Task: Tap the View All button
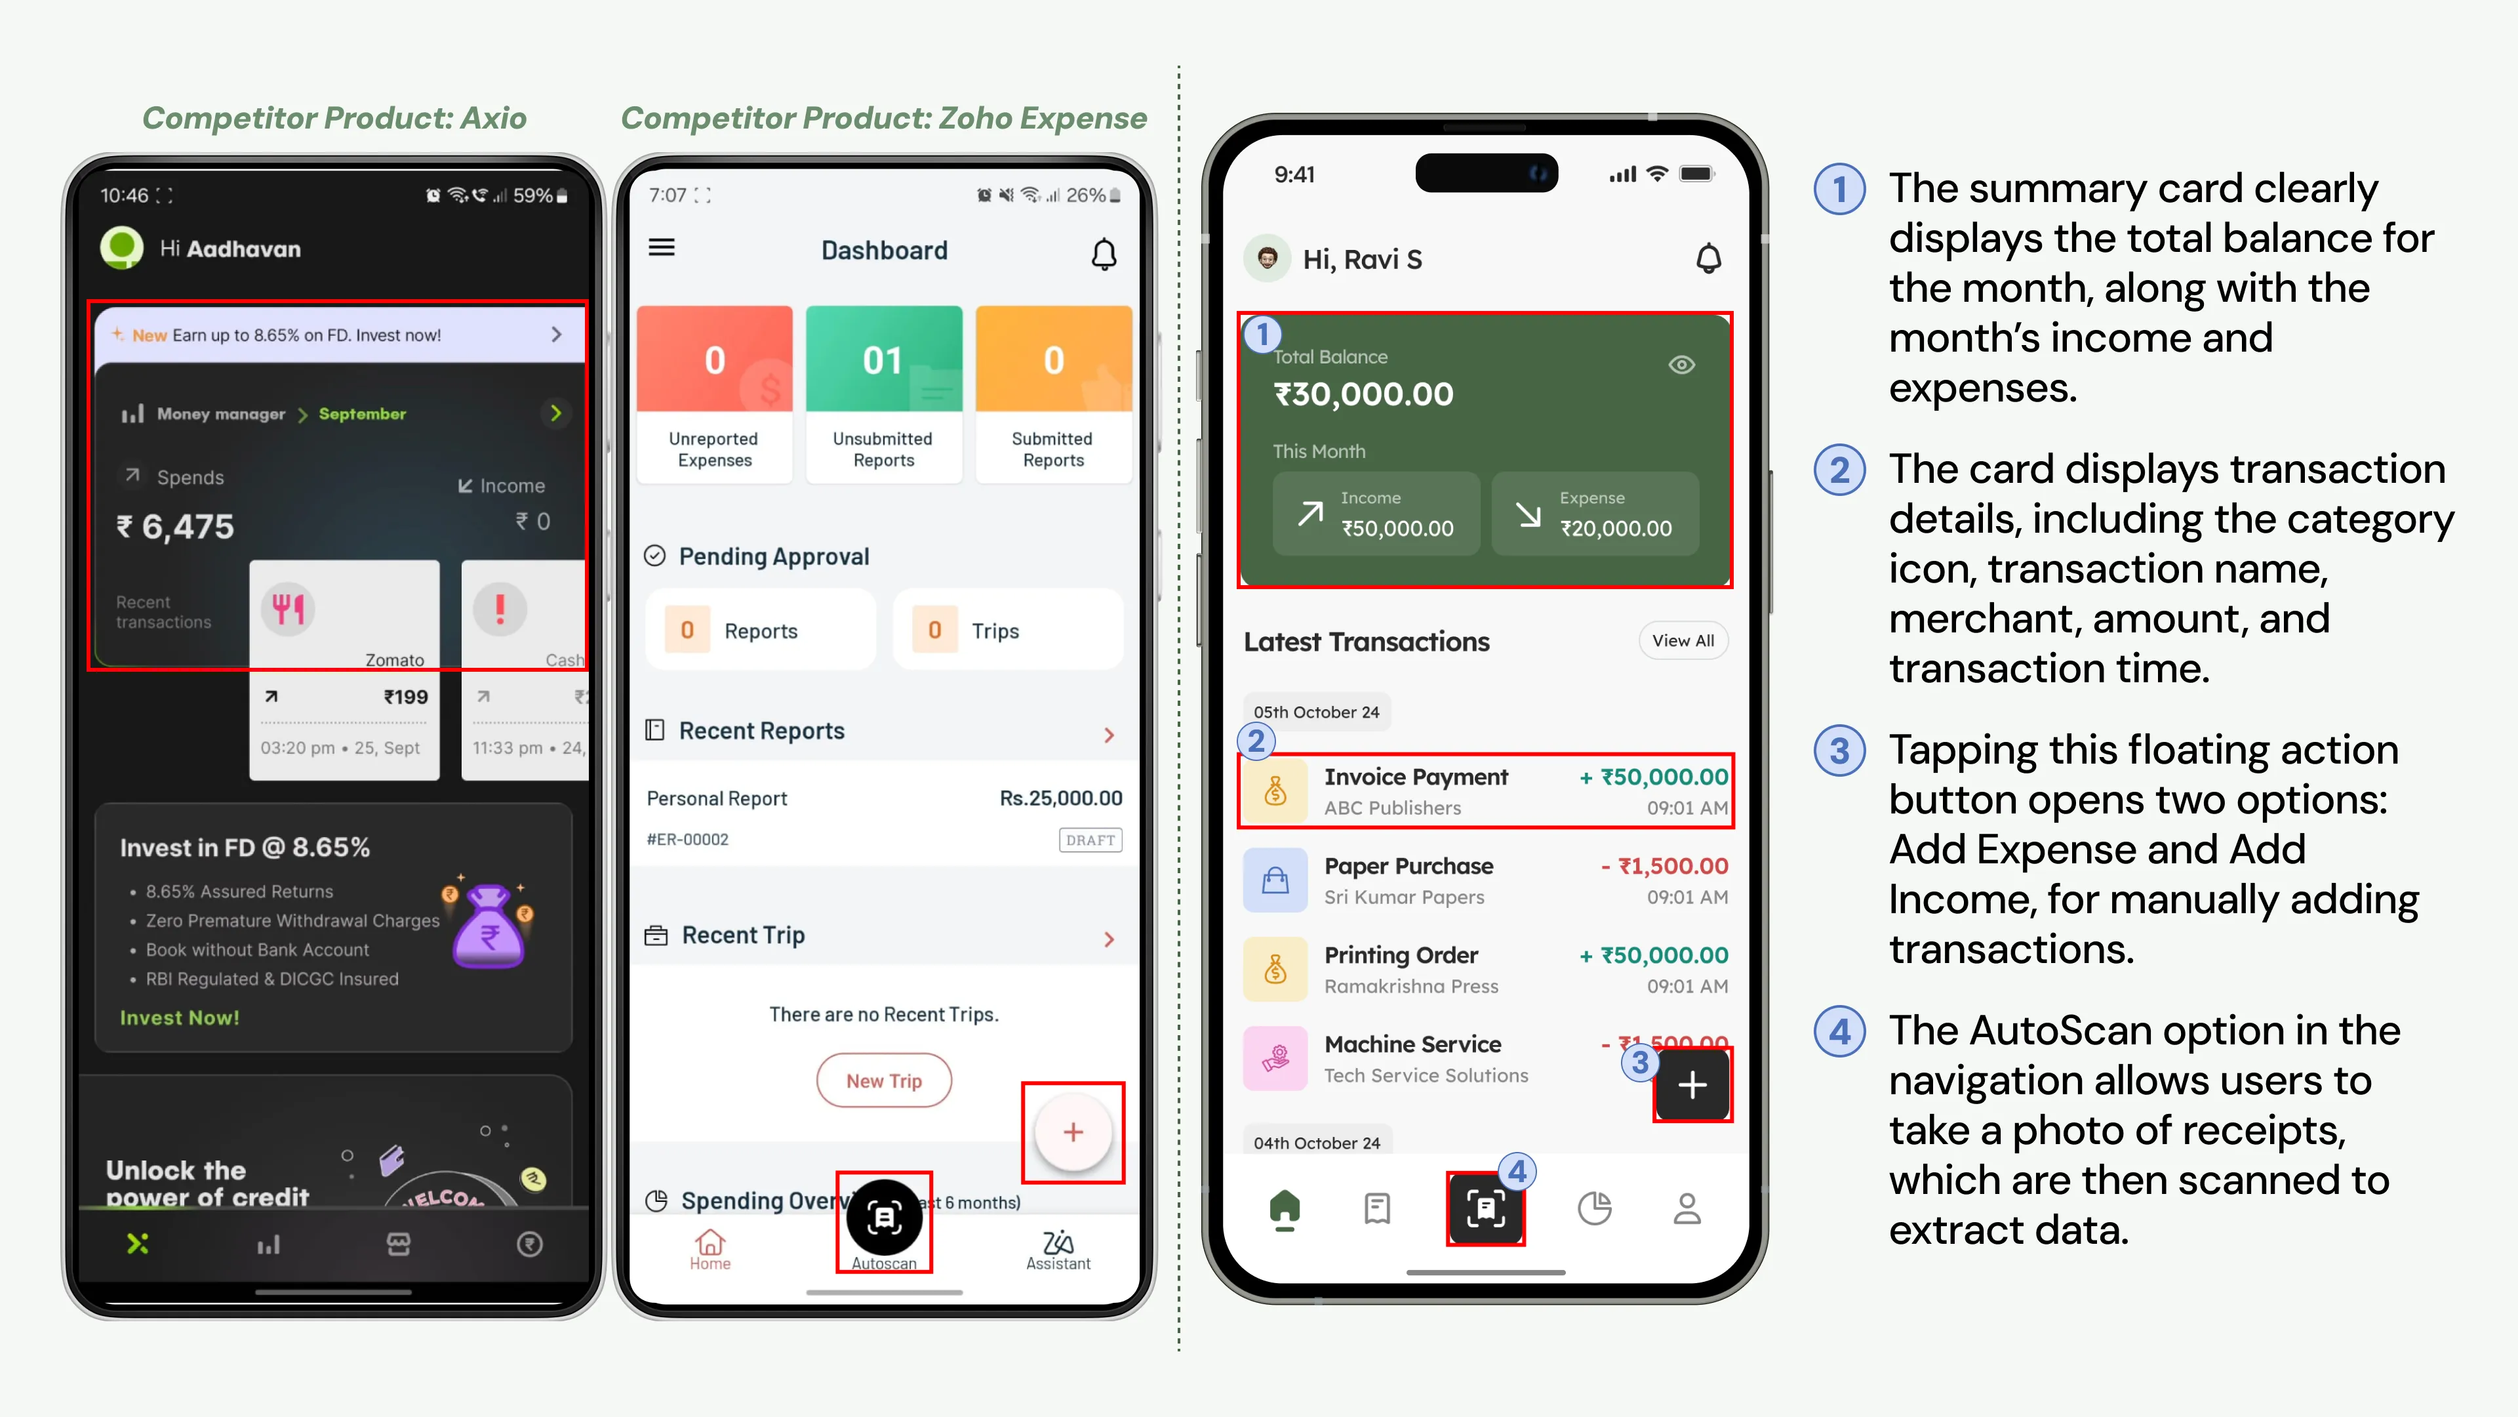click(1682, 640)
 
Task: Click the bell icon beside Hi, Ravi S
click(1708, 259)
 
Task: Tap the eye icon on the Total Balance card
click(1681, 365)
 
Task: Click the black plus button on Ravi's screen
click(1692, 1084)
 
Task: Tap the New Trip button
click(884, 1080)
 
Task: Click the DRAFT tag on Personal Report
click(1090, 840)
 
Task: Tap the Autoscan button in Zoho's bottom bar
click(884, 1222)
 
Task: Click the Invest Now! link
click(179, 1018)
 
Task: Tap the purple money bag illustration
click(489, 925)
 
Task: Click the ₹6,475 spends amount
click(176, 527)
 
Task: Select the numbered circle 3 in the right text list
click(1839, 751)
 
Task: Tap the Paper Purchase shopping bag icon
click(1275, 880)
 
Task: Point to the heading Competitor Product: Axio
click(334, 118)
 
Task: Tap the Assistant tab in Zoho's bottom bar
click(1058, 1249)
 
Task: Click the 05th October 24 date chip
click(1315, 712)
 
